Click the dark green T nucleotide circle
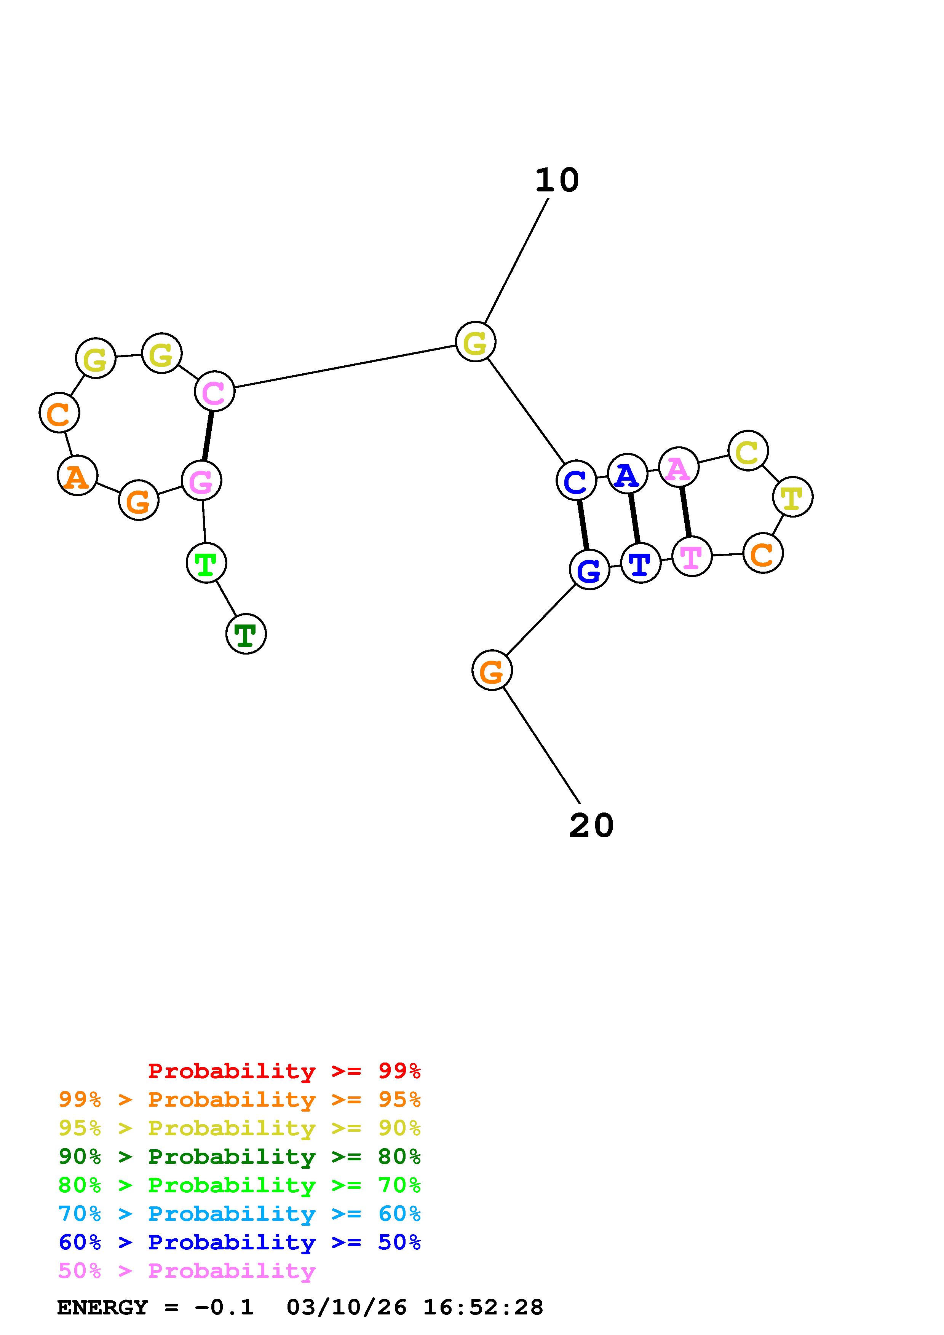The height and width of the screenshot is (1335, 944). point(246,634)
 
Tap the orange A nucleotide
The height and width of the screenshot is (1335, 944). point(77,476)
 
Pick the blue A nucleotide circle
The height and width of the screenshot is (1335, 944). point(628,474)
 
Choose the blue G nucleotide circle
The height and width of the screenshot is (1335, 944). point(589,570)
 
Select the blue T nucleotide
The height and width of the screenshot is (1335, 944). point(641,563)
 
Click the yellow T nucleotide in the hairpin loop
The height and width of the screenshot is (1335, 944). point(792,497)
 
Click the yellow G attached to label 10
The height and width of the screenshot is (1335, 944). point(475,342)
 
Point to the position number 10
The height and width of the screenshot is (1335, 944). point(557,180)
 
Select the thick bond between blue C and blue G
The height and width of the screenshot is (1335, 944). point(583,525)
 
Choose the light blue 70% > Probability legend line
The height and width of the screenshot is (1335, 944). point(239,1214)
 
